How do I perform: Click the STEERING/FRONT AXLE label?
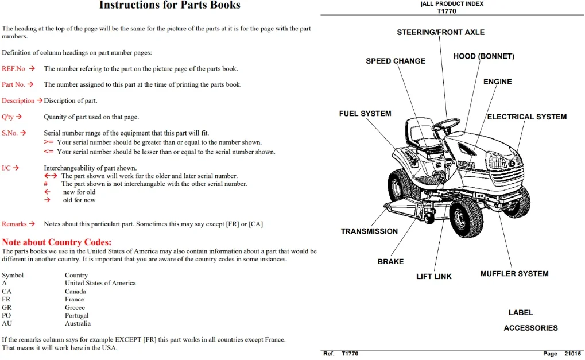[x=440, y=33]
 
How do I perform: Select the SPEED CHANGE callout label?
[x=396, y=61]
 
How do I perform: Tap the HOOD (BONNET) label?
[x=484, y=56]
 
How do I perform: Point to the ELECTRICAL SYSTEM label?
[x=527, y=117]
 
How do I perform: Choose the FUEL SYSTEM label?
[x=365, y=114]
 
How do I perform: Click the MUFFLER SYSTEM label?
[x=514, y=274]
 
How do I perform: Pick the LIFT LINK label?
[x=434, y=276]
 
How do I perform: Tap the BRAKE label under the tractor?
[x=390, y=261]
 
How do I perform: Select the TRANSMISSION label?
[x=369, y=231]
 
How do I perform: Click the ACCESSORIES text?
[x=531, y=328]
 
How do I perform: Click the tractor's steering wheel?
[x=446, y=124]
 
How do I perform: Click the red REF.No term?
[x=13, y=69]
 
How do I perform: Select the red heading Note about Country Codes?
[x=57, y=242]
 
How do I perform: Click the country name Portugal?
[x=76, y=316]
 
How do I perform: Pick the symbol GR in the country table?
[x=7, y=307]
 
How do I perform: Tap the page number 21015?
[x=573, y=354]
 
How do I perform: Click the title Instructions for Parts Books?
[x=170, y=5]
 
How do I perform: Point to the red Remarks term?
[x=14, y=224]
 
